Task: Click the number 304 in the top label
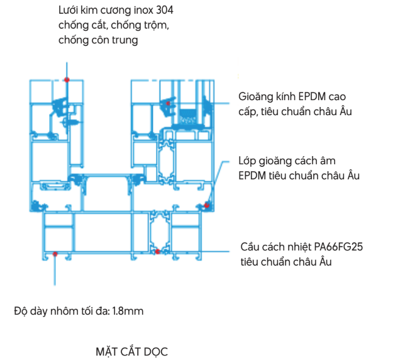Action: tap(164, 10)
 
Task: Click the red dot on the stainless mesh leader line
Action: tap(67, 79)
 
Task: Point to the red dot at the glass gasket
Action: tap(168, 103)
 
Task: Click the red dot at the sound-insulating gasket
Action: tap(206, 205)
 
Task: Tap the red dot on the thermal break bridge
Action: tap(157, 251)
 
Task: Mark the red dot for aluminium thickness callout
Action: tap(55, 254)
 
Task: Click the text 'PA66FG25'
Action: tap(338, 247)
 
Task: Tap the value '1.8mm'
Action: tap(128, 312)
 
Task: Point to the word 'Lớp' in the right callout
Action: tap(247, 161)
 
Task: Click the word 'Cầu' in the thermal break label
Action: tap(249, 247)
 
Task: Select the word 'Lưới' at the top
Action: tap(68, 10)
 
